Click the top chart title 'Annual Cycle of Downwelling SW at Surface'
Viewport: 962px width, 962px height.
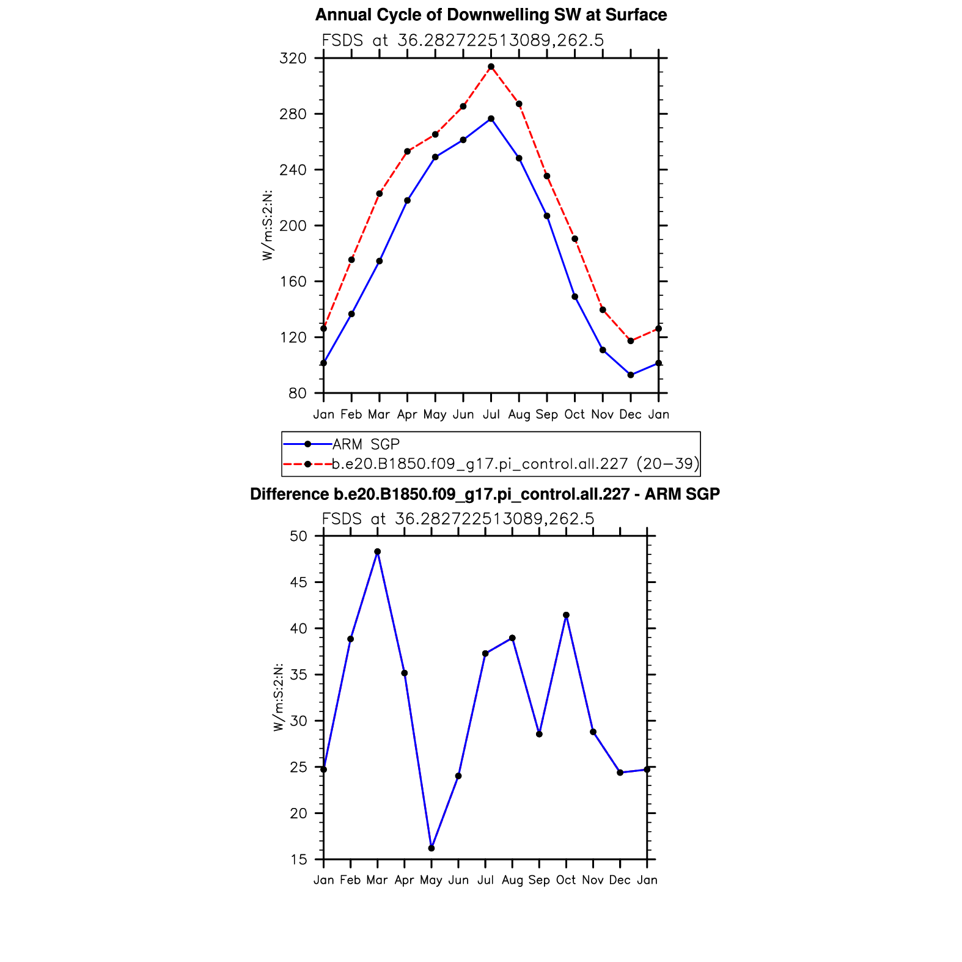491,15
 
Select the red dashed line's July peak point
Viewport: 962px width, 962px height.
491,67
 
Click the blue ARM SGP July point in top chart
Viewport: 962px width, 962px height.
491,119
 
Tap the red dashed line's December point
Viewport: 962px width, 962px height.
631,341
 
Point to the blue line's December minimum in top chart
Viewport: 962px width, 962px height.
631,375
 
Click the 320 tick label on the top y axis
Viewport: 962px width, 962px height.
293,59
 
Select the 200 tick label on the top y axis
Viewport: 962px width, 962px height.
293,226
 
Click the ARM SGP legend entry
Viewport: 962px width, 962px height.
365,444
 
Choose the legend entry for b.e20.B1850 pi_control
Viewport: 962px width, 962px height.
515,464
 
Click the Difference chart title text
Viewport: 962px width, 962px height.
485,494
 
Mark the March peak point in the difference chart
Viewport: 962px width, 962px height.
378,552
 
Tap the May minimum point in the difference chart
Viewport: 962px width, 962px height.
431,848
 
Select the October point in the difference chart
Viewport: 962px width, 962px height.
566,615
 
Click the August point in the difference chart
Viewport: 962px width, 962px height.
512,638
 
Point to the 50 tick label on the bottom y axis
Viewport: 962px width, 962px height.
299,537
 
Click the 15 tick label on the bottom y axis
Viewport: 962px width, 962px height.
299,860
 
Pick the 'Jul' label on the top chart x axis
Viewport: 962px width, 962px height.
491,414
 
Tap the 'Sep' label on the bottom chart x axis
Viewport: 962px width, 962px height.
539,880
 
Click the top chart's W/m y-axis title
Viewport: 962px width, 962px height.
267,226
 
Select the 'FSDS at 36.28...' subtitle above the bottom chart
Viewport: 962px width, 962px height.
458,519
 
